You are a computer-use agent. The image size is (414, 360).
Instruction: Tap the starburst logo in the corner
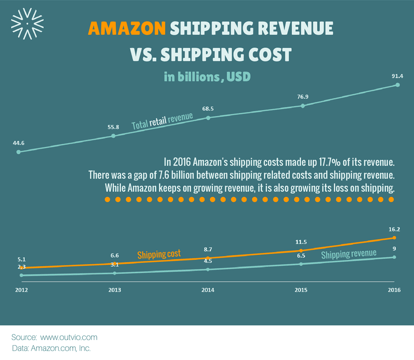tap(27, 23)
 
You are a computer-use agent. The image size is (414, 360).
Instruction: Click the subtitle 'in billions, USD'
tap(207, 77)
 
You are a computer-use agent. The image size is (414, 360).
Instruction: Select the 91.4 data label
tap(397, 76)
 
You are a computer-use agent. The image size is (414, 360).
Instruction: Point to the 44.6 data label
tap(18, 143)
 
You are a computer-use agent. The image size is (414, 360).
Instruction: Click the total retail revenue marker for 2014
tap(208, 118)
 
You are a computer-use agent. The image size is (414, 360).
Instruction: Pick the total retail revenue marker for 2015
tap(303, 105)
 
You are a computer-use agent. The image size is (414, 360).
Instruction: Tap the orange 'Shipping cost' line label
tap(159, 254)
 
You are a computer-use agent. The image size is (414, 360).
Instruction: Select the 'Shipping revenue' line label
tap(349, 254)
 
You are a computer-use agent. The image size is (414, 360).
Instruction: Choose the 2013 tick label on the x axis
tap(114, 289)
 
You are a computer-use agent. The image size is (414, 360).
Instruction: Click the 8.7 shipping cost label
tap(208, 249)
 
